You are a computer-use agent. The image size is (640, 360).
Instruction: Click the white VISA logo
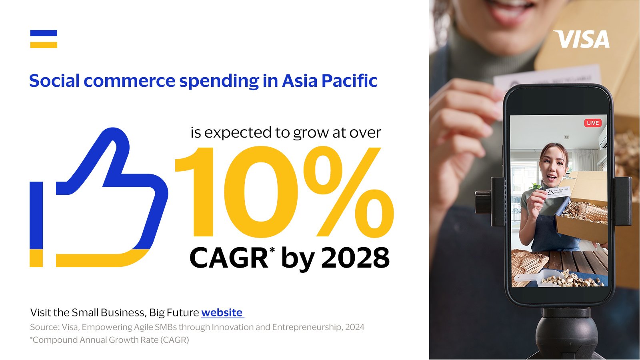[x=582, y=39]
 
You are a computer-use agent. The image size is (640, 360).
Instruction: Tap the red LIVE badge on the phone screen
[x=593, y=123]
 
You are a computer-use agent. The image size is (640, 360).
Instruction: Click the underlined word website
[x=222, y=312]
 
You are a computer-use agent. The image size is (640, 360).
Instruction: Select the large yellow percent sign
[x=348, y=192]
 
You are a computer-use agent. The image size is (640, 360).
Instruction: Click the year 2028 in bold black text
[x=356, y=258]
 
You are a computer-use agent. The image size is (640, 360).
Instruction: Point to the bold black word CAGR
[x=228, y=258]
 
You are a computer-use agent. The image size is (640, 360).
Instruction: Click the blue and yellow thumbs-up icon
[x=99, y=198]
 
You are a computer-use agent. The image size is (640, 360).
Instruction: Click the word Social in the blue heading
[x=54, y=80]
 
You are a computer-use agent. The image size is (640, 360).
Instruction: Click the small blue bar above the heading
[x=44, y=33]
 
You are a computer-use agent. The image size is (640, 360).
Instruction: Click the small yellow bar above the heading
[x=44, y=45]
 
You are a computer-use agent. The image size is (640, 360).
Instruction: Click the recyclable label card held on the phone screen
[x=558, y=192]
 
